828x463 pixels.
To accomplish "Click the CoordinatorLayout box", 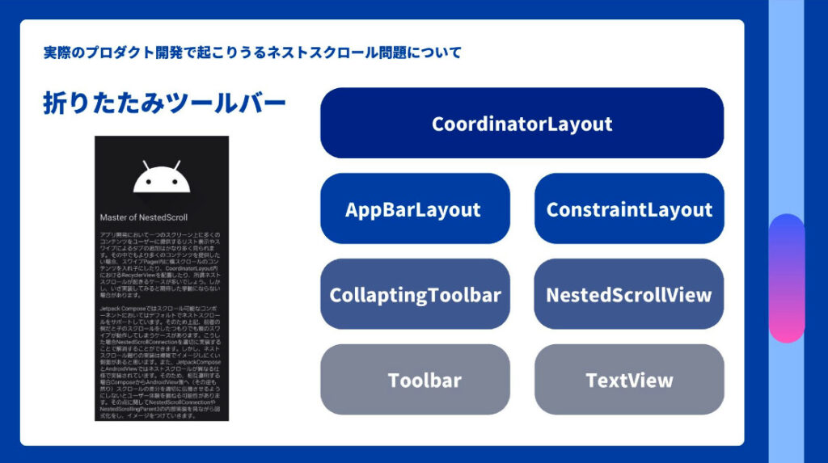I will pos(522,123).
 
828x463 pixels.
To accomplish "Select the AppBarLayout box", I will pos(415,208).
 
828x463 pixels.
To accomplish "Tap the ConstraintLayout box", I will pos(628,208).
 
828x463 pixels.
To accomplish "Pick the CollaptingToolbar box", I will pos(415,294).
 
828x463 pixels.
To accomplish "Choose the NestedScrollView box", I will pos(628,294).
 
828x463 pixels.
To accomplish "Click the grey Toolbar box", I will pos(415,380).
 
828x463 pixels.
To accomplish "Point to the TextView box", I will pos(628,380).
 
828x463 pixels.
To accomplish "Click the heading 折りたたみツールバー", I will pos(164,103).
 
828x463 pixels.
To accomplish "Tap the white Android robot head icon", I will pos(162,179).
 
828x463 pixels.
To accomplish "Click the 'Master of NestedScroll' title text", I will pos(143,217).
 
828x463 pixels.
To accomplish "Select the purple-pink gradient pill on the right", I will pos(786,278).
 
